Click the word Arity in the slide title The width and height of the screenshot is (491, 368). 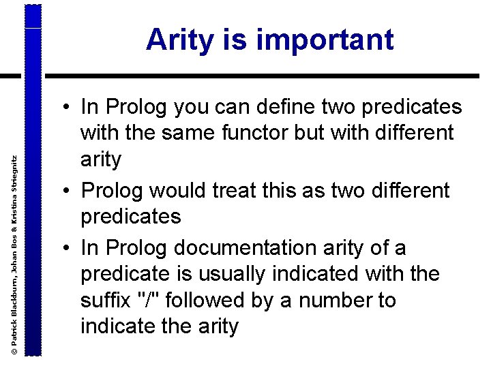[x=178, y=40]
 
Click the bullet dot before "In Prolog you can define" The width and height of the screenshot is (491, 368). [x=68, y=107]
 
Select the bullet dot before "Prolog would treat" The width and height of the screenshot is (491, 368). [x=68, y=191]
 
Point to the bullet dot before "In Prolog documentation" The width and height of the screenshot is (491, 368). [x=68, y=248]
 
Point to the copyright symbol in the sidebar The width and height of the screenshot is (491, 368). [x=14, y=348]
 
